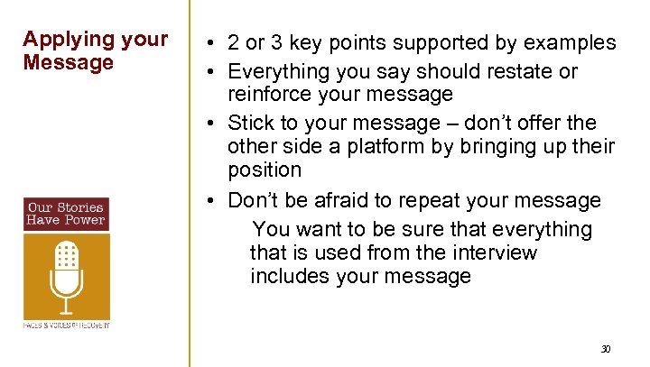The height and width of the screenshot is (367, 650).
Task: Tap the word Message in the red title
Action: click(x=56, y=63)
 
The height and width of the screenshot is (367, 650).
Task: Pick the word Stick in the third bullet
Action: click(x=249, y=122)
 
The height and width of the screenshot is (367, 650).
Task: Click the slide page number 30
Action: click(x=606, y=349)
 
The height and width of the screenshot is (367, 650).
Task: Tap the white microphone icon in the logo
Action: click(x=66, y=271)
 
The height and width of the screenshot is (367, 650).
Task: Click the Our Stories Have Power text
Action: click(x=66, y=214)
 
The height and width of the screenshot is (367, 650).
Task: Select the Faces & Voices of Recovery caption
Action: click(x=66, y=324)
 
